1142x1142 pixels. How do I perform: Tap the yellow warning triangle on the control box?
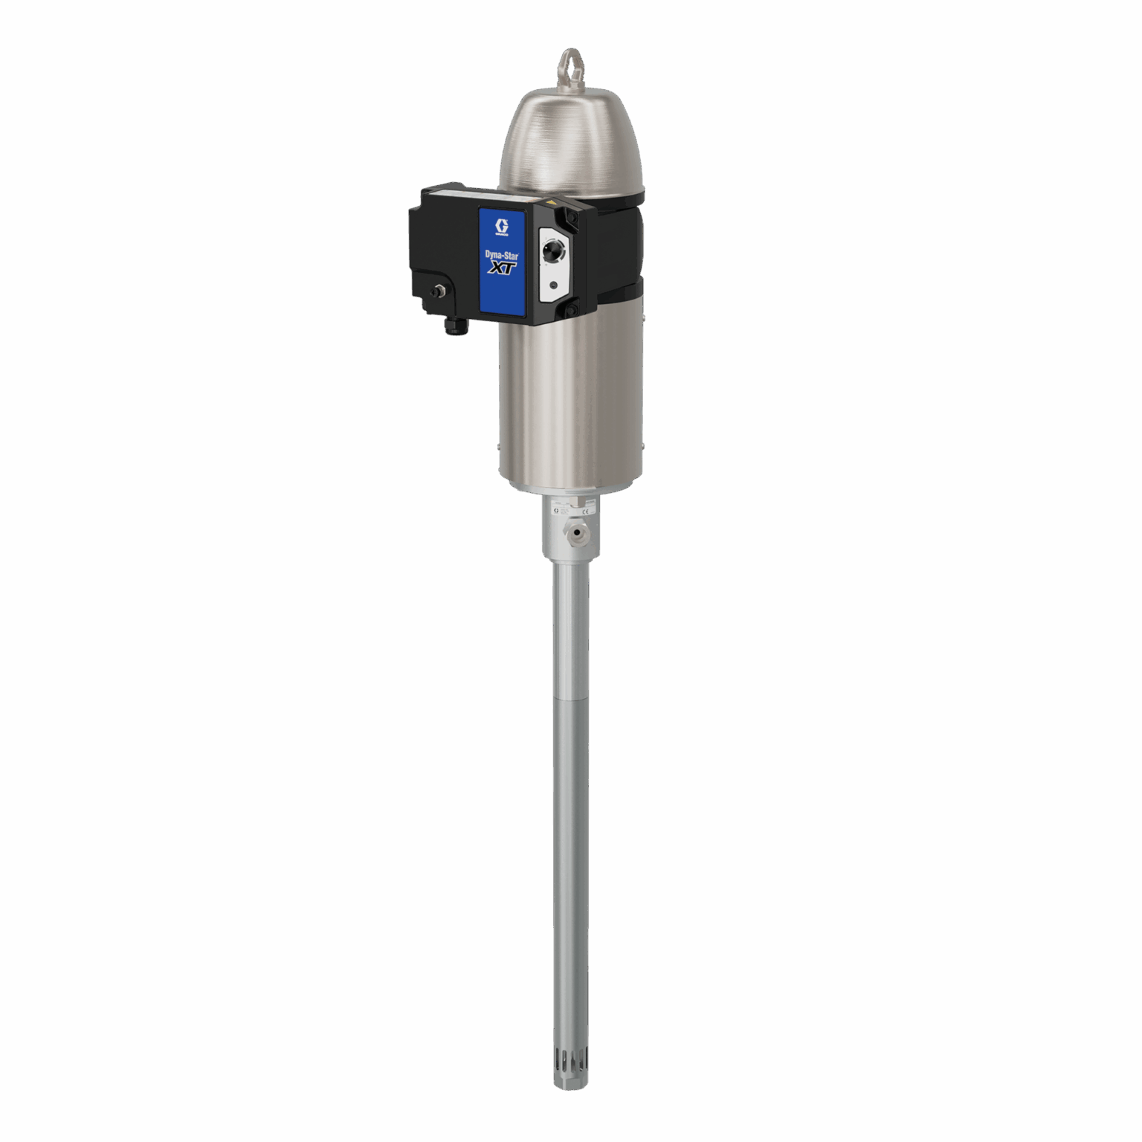click(x=551, y=201)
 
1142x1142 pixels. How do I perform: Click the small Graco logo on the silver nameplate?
click(x=555, y=512)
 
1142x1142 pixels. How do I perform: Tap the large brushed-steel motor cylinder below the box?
click(x=570, y=401)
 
